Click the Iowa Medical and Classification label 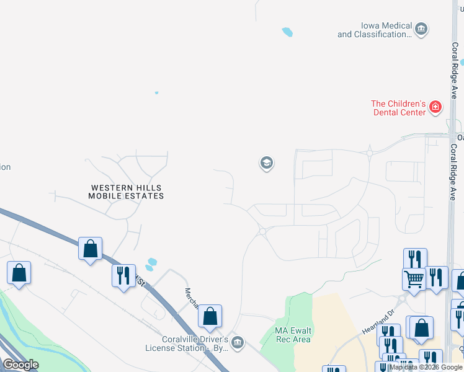375,30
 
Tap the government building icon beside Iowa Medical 422,29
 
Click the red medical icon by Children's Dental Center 436,107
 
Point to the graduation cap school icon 266,163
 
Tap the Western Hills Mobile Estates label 127,192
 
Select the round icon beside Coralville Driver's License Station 237,342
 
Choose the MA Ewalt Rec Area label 293,335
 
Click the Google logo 20,365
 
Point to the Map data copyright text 426,367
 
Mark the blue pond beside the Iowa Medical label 287,32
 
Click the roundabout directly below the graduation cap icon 262,231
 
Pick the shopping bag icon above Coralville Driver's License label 210,316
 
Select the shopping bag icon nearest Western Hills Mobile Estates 91,249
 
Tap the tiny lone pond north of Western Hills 156,93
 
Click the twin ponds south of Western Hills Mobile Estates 151,265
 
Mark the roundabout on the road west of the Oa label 369,153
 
